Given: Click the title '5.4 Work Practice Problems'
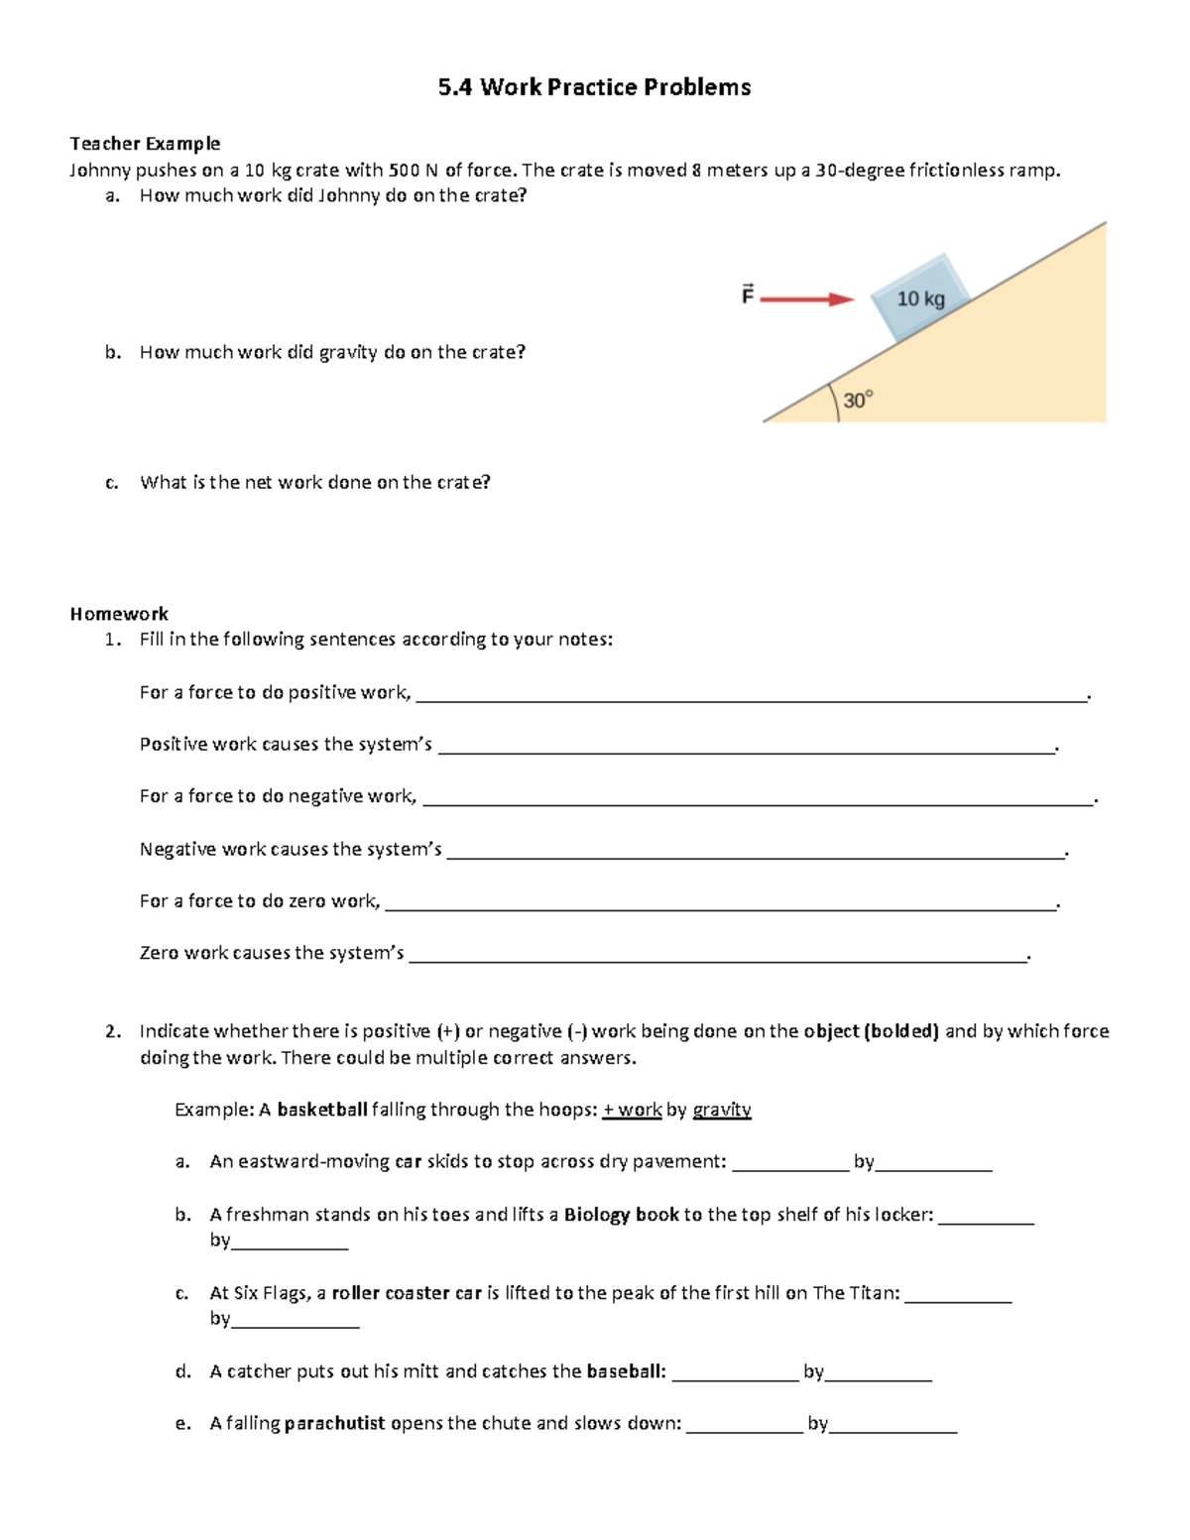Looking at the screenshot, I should pyautogui.click(x=594, y=87).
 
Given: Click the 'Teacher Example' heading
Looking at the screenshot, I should pyautogui.click(x=145, y=144).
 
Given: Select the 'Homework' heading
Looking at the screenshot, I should pyautogui.click(x=119, y=614).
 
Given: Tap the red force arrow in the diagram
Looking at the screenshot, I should pyautogui.click(x=806, y=298).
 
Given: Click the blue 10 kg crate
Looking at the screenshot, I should pyautogui.click(x=921, y=297).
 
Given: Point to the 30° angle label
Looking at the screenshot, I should pyautogui.click(x=858, y=400).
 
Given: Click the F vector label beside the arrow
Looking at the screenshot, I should pyautogui.click(x=748, y=295).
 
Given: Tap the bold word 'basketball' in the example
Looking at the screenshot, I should pyautogui.click(x=322, y=1110).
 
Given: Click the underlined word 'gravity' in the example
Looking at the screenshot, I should pyautogui.click(x=722, y=1110).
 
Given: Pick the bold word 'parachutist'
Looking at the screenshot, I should pyautogui.click(x=334, y=1424).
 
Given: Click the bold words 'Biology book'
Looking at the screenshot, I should pyautogui.click(x=621, y=1215).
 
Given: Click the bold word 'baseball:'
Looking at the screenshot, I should pyautogui.click(x=626, y=1372).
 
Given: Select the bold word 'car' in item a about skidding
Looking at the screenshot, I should pyautogui.click(x=409, y=1162).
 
